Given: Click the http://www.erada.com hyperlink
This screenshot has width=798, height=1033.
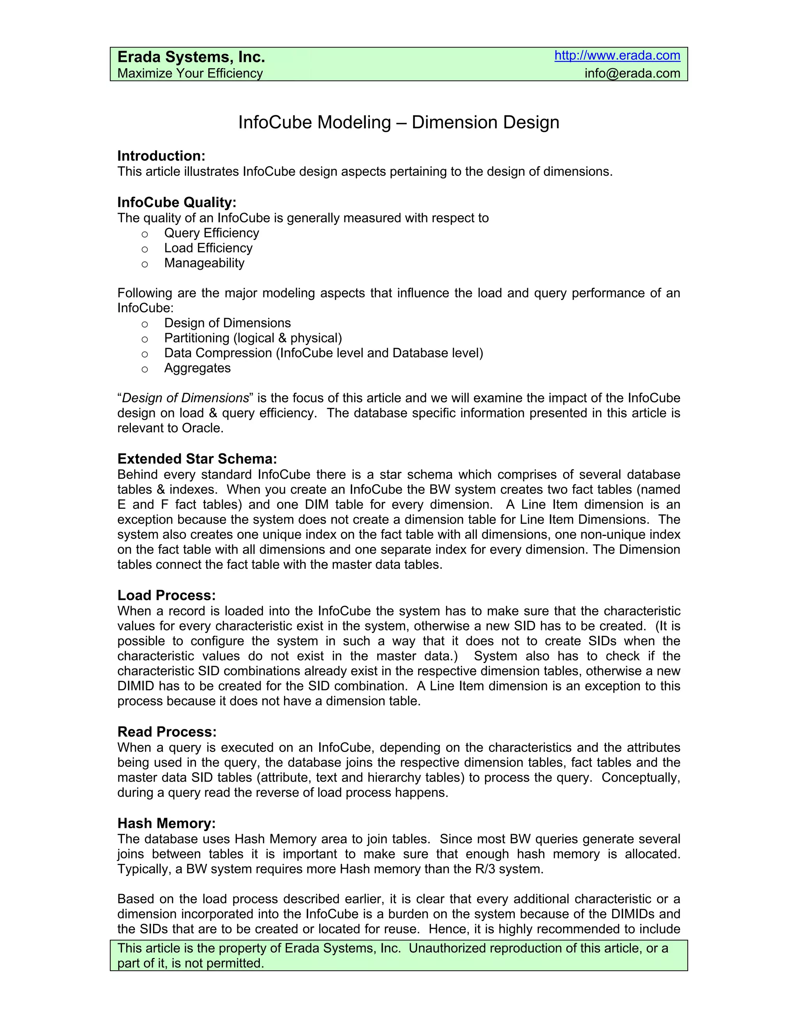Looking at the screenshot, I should [x=617, y=56].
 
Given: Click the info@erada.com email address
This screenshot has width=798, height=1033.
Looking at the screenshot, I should [x=632, y=73].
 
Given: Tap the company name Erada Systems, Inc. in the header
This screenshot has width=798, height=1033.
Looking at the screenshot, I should [x=191, y=57].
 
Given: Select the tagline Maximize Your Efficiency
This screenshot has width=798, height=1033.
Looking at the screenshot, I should [x=190, y=73].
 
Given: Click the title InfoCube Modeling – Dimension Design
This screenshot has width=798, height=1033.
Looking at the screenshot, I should [x=399, y=122].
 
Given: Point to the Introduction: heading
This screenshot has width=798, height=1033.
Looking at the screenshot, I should [x=161, y=156].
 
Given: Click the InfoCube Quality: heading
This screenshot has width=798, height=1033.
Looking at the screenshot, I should [x=177, y=202].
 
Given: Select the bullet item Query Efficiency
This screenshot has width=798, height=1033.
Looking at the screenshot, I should [x=211, y=233].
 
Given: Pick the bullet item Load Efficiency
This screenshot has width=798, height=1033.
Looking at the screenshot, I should [x=208, y=248].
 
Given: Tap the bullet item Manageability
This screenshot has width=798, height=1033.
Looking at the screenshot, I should [x=204, y=263].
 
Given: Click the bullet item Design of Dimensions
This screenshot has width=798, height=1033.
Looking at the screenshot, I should [x=228, y=323].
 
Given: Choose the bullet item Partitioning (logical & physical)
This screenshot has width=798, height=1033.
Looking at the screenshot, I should [x=253, y=338].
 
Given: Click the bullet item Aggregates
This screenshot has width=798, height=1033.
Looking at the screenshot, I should [x=197, y=368].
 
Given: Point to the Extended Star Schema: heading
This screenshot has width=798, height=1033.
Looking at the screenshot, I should [x=197, y=459].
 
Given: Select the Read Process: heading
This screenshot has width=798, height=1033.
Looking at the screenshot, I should [x=167, y=732].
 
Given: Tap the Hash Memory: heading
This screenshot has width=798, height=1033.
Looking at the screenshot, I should [x=166, y=823].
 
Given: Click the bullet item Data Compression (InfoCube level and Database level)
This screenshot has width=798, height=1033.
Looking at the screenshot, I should [x=323, y=353].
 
